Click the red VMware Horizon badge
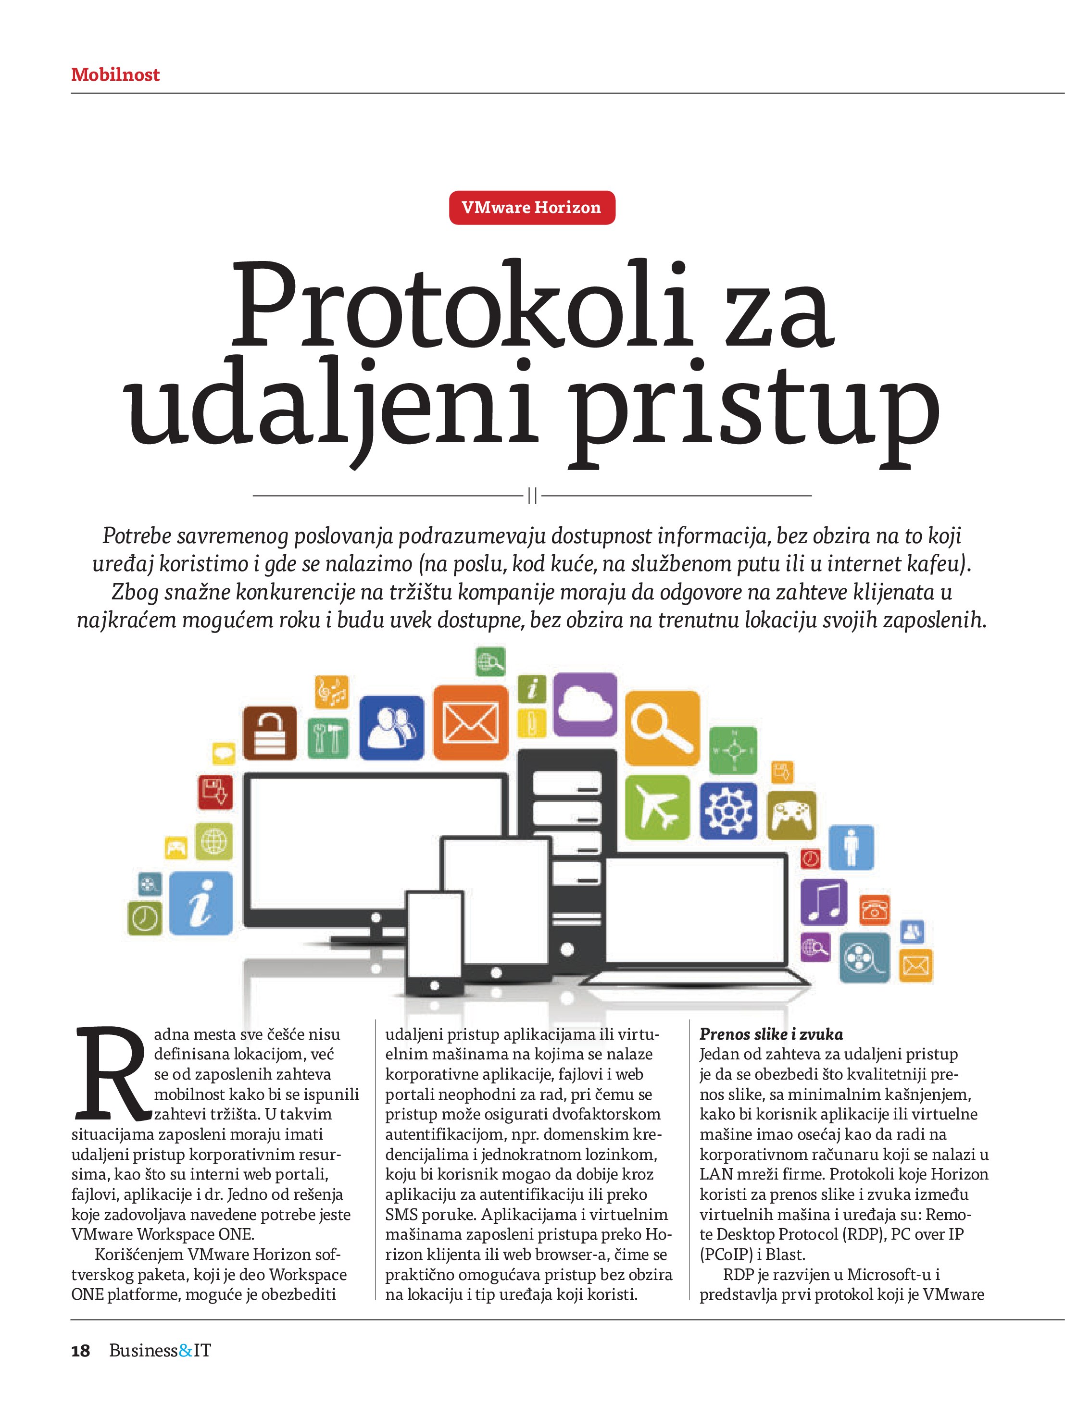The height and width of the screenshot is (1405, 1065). (532, 208)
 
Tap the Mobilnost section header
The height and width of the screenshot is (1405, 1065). (115, 75)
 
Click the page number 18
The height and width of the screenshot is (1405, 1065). (81, 1351)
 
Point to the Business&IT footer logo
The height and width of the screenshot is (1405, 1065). (160, 1351)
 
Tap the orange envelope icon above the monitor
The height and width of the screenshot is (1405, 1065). (470, 723)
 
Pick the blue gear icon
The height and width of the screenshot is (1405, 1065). (728, 810)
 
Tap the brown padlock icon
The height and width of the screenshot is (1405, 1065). (270, 733)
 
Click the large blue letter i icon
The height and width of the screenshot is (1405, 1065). (201, 903)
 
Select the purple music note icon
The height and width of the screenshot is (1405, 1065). (824, 902)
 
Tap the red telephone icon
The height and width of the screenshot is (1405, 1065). (875, 909)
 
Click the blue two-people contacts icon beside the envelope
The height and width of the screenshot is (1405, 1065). (391, 728)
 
